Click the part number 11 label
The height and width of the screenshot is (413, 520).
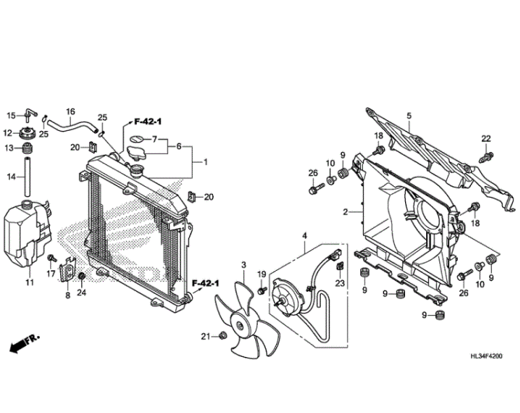(x=29, y=282)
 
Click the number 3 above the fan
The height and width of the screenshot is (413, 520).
(x=243, y=265)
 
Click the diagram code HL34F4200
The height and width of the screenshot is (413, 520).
(x=487, y=356)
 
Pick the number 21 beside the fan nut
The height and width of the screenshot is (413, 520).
(x=205, y=337)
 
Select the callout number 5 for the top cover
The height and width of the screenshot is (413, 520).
(x=409, y=115)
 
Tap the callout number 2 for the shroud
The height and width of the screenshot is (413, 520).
(x=345, y=211)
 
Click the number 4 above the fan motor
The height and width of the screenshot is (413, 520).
(x=304, y=235)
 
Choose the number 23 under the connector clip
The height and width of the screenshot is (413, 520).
(x=339, y=283)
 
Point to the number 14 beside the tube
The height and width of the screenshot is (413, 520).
(x=11, y=177)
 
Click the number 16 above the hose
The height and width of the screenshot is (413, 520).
(x=70, y=111)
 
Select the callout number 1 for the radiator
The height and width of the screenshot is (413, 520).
(x=205, y=162)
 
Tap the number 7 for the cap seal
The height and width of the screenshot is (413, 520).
(x=156, y=139)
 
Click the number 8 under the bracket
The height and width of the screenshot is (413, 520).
(x=67, y=295)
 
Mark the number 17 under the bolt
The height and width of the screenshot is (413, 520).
(x=50, y=274)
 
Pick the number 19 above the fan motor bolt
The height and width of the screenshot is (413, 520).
(x=261, y=274)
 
